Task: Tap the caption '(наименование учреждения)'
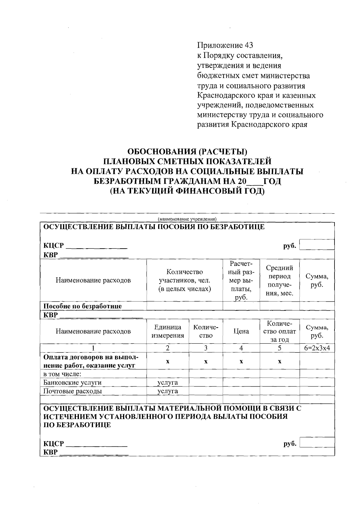[x=187, y=219]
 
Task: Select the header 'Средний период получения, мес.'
[x=279, y=280]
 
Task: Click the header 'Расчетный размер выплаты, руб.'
[x=241, y=280]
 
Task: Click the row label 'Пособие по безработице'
[x=83, y=306]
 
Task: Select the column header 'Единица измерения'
[x=167, y=331]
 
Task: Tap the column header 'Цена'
[x=241, y=331]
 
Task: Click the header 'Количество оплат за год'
[x=279, y=331]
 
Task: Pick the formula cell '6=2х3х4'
[x=317, y=348]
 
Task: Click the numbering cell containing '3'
[x=205, y=348]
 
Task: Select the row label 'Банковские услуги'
[x=73, y=382]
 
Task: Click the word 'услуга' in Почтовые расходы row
[x=168, y=391]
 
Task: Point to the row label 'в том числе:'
[x=63, y=374]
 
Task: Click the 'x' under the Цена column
[x=241, y=361]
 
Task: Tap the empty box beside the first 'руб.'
[x=317, y=245]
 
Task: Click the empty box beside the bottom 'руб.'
[x=317, y=442]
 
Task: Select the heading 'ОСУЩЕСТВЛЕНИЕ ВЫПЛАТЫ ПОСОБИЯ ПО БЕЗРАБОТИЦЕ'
[x=154, y=227]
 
